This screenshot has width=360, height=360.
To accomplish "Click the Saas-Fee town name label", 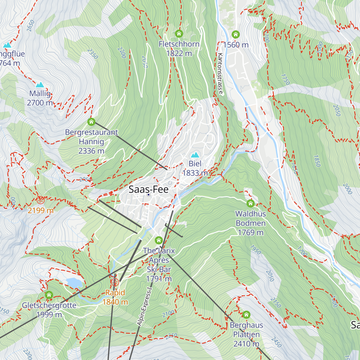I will pyautogui.click(x=148, y=189).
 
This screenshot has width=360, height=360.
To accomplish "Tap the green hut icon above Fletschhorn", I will pyautogui.click(x=179, y=33).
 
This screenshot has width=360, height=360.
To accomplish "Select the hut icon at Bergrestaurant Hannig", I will pyautogui.click(x=91, y=122).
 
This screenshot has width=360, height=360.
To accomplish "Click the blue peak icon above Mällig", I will pyautogui.click(x=40, y=85).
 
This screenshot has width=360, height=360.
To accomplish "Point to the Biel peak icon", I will pyautogui.click(x=195, y=155).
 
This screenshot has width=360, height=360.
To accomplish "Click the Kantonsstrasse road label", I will pyautogui.click(x=220, y=74).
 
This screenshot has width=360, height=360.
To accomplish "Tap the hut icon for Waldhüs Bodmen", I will pyautogui.click(x=250, y=204).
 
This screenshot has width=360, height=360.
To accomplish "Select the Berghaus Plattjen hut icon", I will pyautogui.click(x=246, y=315).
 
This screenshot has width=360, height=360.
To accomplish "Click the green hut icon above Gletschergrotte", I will pyautogui.click(x=49, y=295).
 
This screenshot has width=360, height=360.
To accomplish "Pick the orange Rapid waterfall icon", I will pyautogui.click(x=115, y=282).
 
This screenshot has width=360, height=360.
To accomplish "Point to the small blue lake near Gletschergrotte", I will pyautogui.click(x=74, y=283).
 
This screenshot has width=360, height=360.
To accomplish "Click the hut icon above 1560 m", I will pyautogui.click(x=236, y=34).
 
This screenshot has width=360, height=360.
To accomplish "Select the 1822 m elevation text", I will pyautogui.click(x=179, y=53).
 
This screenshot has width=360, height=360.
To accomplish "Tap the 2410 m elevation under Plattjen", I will pyautogui.click(x=246, y=344).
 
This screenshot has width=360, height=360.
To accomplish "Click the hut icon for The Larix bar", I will pyautogui.click(x=159, y=240).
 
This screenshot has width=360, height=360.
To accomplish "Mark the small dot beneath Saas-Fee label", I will pyautogui.click(x=148, y=195).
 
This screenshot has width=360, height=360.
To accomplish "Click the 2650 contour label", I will pyautogui.click(x=30, y=25).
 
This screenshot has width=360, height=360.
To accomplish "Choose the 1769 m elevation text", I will pyautogui.click(x=250, y=232).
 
